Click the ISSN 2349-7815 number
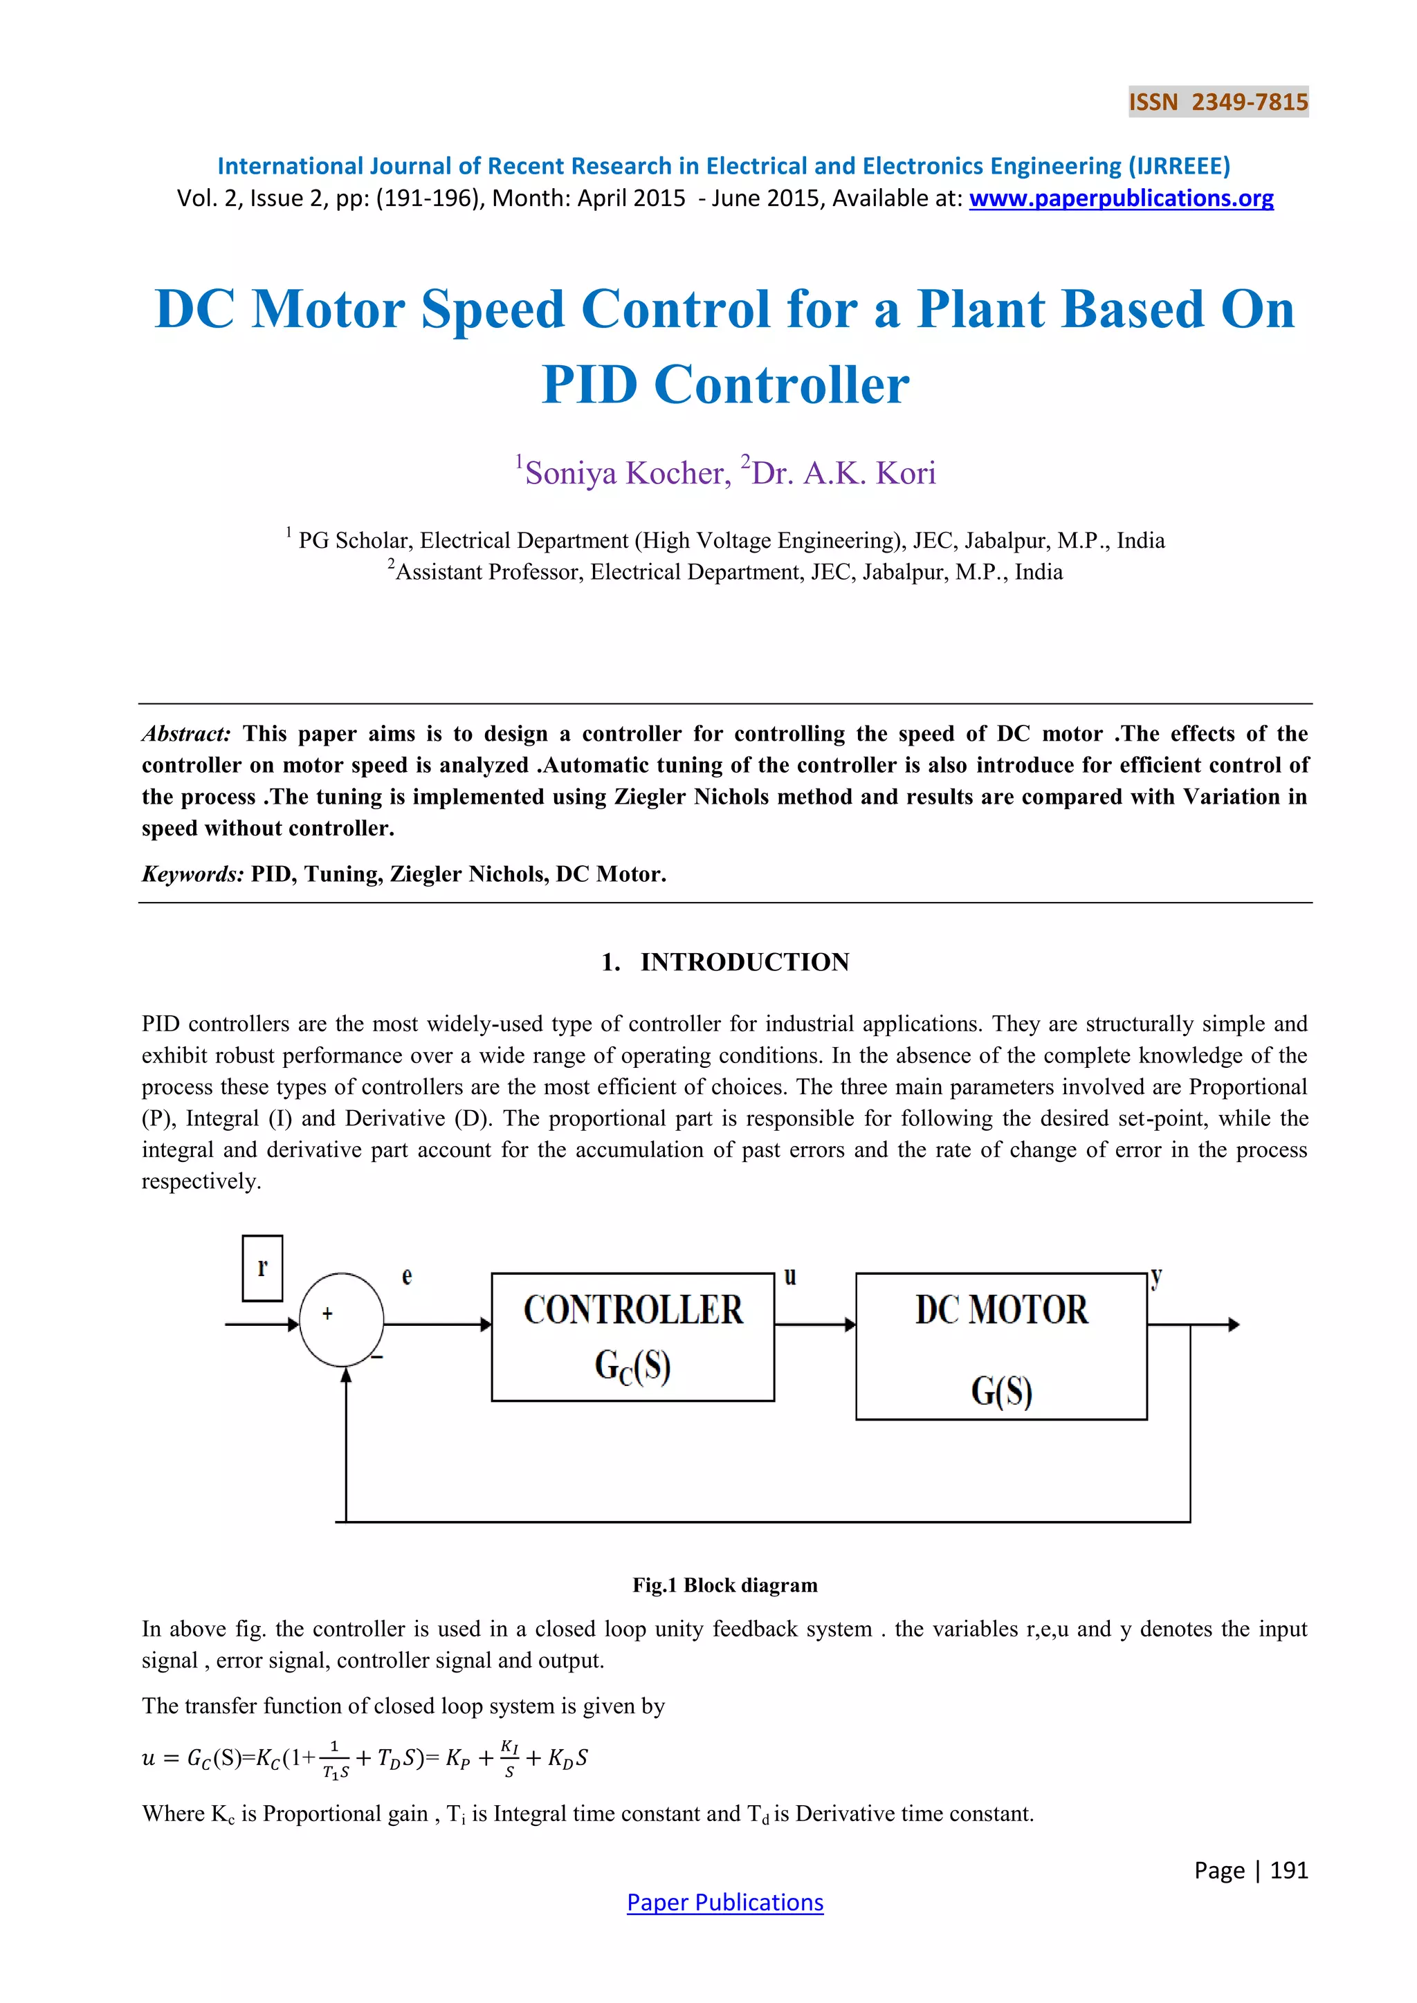click(1218, 102)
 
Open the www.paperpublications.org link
click(1120, 199)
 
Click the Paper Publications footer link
click(724, 1902)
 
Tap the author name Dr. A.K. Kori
click(843, 473)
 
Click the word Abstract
click(186, 734)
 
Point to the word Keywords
click(192, 874)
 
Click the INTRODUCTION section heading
click(744, 962)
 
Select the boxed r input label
click(262, 1268)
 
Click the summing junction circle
click(341, 1319)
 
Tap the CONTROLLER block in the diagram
click(632, 1336)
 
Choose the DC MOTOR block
click(1000, 1345)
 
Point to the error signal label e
click(407, 1276)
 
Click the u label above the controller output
click(789, 1276)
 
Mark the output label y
click(1156, 1278)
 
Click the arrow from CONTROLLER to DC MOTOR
click(815, 1325)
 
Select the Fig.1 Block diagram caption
click(724, 1585)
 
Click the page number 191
click(1289, 1870)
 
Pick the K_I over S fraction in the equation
click(509, 1758)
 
